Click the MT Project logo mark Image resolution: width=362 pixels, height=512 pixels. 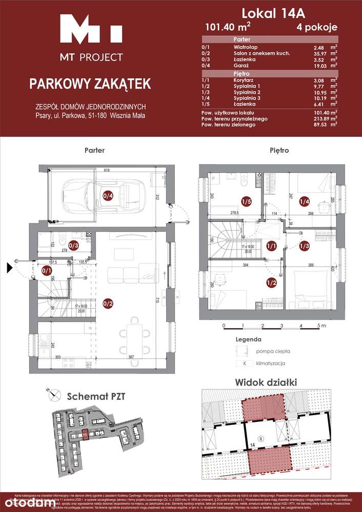click(x=91, y=30)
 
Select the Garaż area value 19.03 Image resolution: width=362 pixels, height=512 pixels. click(x=319, y=66)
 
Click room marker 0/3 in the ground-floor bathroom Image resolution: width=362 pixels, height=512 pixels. click(x=73, y=245)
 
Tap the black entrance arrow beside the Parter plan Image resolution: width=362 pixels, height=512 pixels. click(x=9, y=267)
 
